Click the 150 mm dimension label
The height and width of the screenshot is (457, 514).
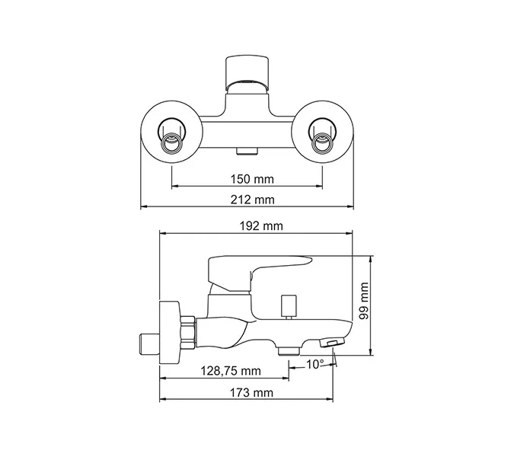coord(251,179)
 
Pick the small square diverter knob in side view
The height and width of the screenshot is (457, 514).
coord(288,305)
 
